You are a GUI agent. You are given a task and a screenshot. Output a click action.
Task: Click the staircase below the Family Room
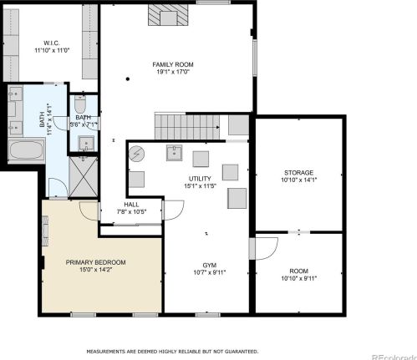186,127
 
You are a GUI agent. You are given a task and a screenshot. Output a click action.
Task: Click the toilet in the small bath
80,106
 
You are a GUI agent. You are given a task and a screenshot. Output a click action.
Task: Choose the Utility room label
199,179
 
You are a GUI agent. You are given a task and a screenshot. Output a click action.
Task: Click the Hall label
131,205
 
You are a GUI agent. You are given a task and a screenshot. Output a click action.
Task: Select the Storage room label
299,172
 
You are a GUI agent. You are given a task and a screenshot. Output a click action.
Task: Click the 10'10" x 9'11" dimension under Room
299,278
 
